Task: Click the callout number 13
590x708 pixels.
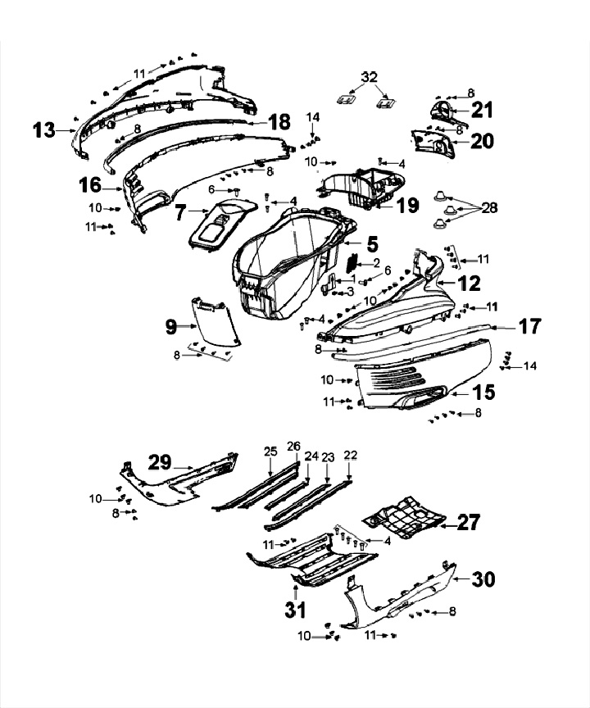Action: (x=43, y=129)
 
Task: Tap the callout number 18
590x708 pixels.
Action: (x=279, y=122)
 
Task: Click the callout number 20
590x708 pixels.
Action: (x=482, y=141)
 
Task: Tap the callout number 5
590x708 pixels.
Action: (x=372, y=243)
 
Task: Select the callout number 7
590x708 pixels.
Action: (x=182, y=213)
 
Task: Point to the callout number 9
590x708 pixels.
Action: (x=170, y=327)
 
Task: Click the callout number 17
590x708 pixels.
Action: (x=529, y=326)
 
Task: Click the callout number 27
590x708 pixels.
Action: (x=470, y=522)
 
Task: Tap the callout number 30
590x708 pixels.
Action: (x=483, y=579)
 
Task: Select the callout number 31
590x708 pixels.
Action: (x=294, y=609)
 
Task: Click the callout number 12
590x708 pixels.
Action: (x=470, y=284)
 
